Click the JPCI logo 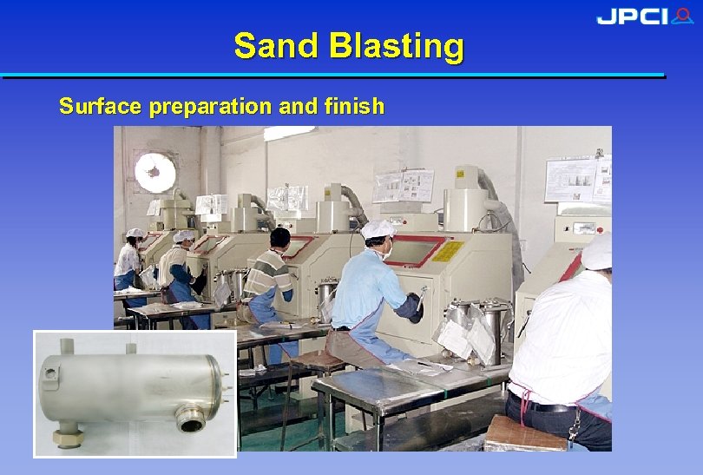(644, 16)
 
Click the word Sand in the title (275, 45)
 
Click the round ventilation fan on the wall (154, 173)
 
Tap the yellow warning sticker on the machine (447, 251)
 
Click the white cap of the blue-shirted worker (378, 229)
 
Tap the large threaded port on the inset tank (192, 421)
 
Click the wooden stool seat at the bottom (525, 434)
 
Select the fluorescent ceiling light (290, 134)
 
